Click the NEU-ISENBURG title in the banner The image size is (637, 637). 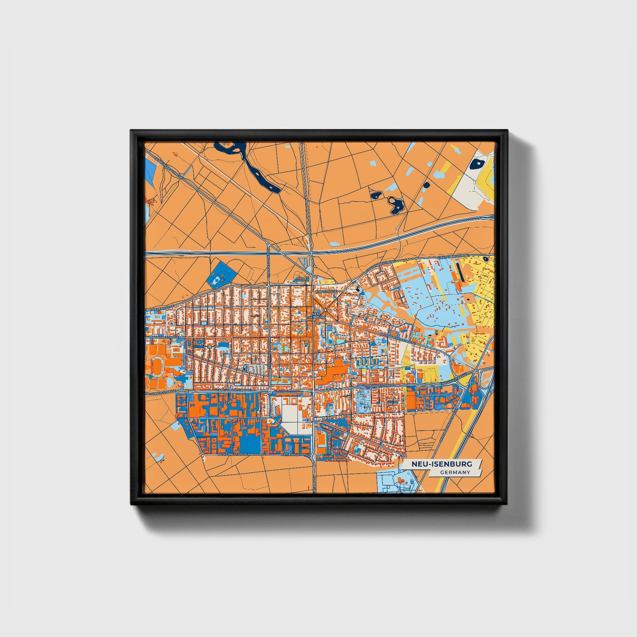point(442,464)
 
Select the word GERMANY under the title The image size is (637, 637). point(455,473)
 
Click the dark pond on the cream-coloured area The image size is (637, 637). point(476,165)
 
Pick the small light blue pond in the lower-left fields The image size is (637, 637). point(157,456)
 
